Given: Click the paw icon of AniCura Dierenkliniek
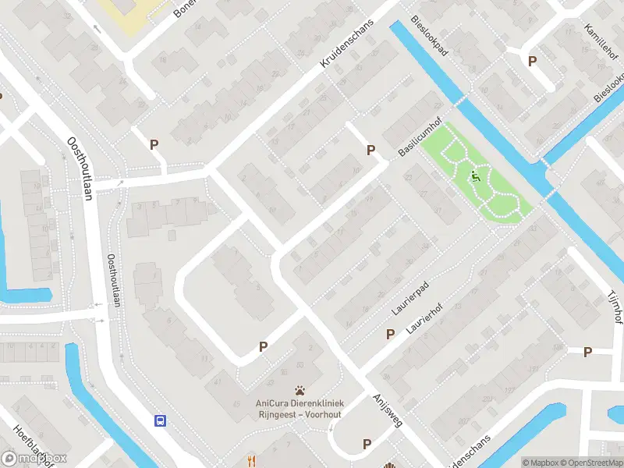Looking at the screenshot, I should click(300, 390).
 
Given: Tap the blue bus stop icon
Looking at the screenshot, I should click(160, 420).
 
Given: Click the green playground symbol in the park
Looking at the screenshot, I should click(475, 178).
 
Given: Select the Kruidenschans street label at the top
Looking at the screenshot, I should click(348, 44).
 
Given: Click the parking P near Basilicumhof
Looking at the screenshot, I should click(370, 150).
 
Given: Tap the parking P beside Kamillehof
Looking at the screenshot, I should click(533, 61).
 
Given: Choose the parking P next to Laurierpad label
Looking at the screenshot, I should click(390, 334).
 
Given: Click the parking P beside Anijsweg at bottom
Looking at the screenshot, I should click(367, 444).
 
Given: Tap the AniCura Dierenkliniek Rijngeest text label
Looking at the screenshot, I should click(300, 408).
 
